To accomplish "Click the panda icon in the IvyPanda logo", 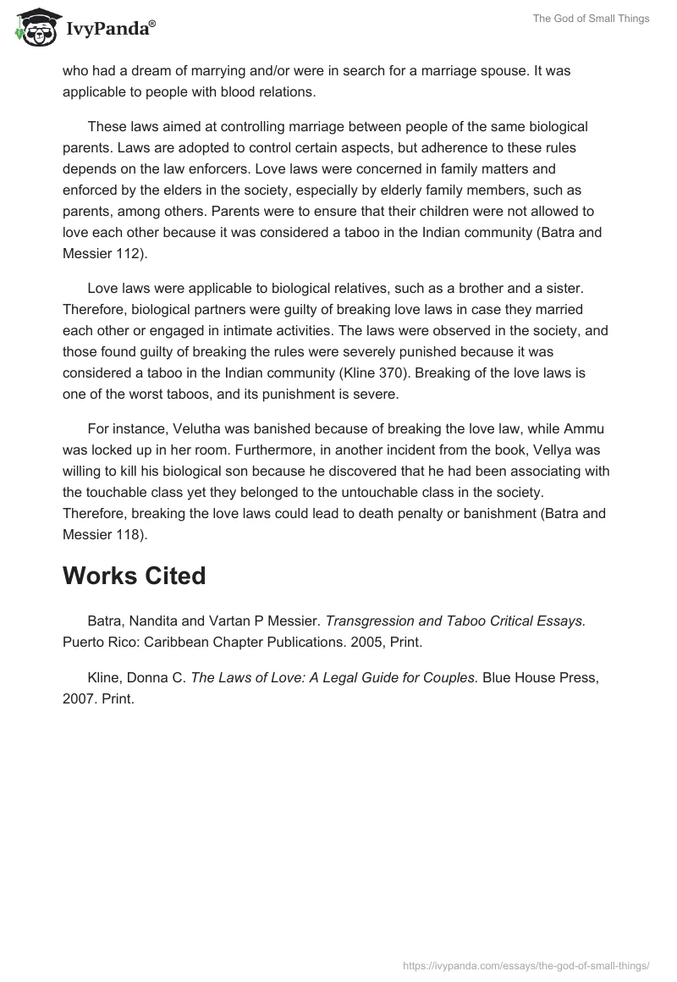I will point(35,27).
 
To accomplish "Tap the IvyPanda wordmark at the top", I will point(110,29).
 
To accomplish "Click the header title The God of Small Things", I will point(592,19).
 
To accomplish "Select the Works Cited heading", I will point(134,576).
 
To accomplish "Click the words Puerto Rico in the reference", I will point(94,642).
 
